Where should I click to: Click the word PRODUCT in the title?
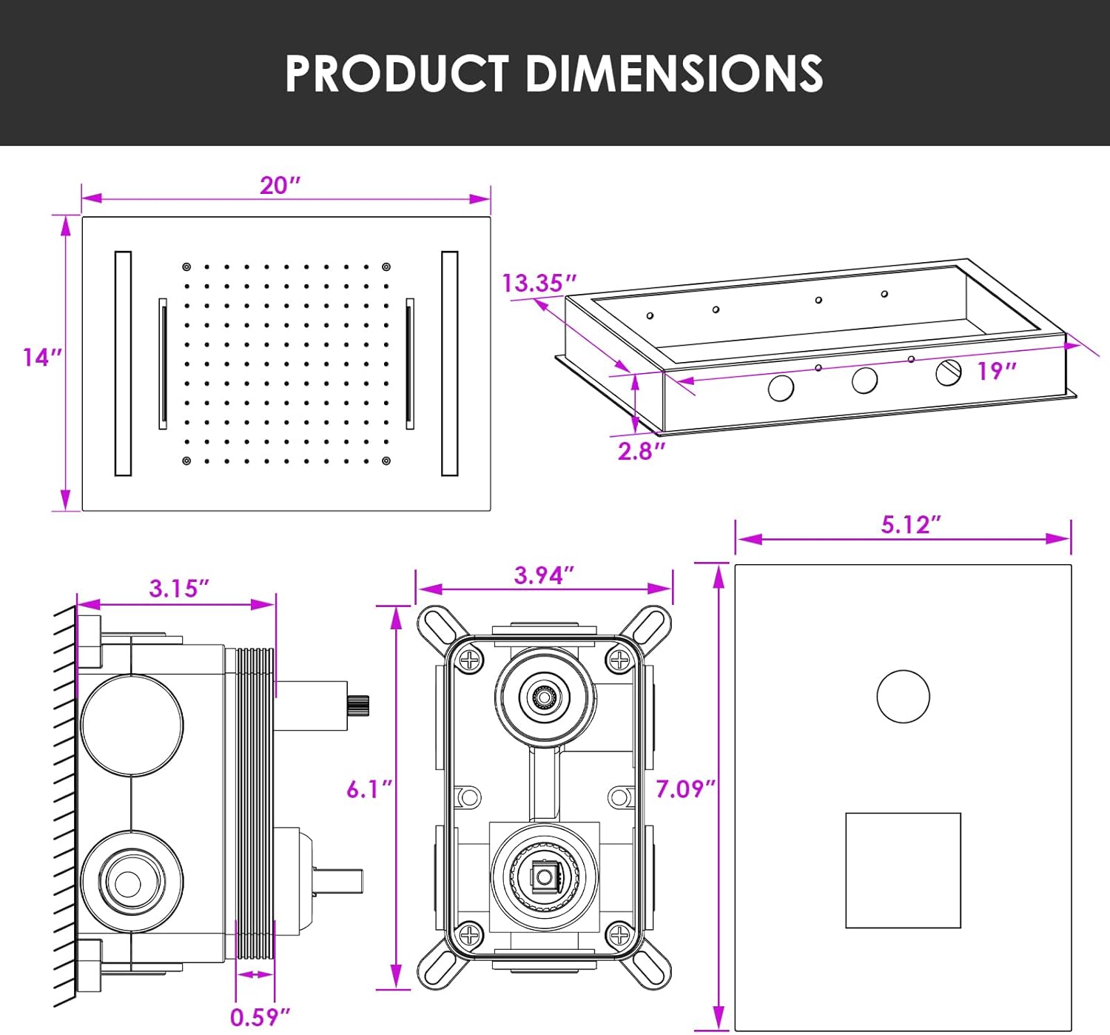397,73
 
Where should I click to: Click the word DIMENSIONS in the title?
674,73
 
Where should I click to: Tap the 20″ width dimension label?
280,185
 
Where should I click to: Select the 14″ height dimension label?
41,358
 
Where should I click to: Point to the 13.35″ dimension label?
539,283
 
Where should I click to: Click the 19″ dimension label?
996,370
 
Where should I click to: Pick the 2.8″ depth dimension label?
642,450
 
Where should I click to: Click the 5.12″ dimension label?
910,524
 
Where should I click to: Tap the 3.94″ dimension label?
544,575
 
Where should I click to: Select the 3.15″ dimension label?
179,589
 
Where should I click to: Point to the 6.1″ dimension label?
369,789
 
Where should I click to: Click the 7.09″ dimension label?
685,789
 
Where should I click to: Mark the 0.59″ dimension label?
260,1016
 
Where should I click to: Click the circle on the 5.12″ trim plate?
903,697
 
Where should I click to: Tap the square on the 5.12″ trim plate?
903,871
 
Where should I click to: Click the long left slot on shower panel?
123,363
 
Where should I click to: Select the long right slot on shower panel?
449,363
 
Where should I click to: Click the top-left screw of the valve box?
470,659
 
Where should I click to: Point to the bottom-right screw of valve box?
619,935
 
